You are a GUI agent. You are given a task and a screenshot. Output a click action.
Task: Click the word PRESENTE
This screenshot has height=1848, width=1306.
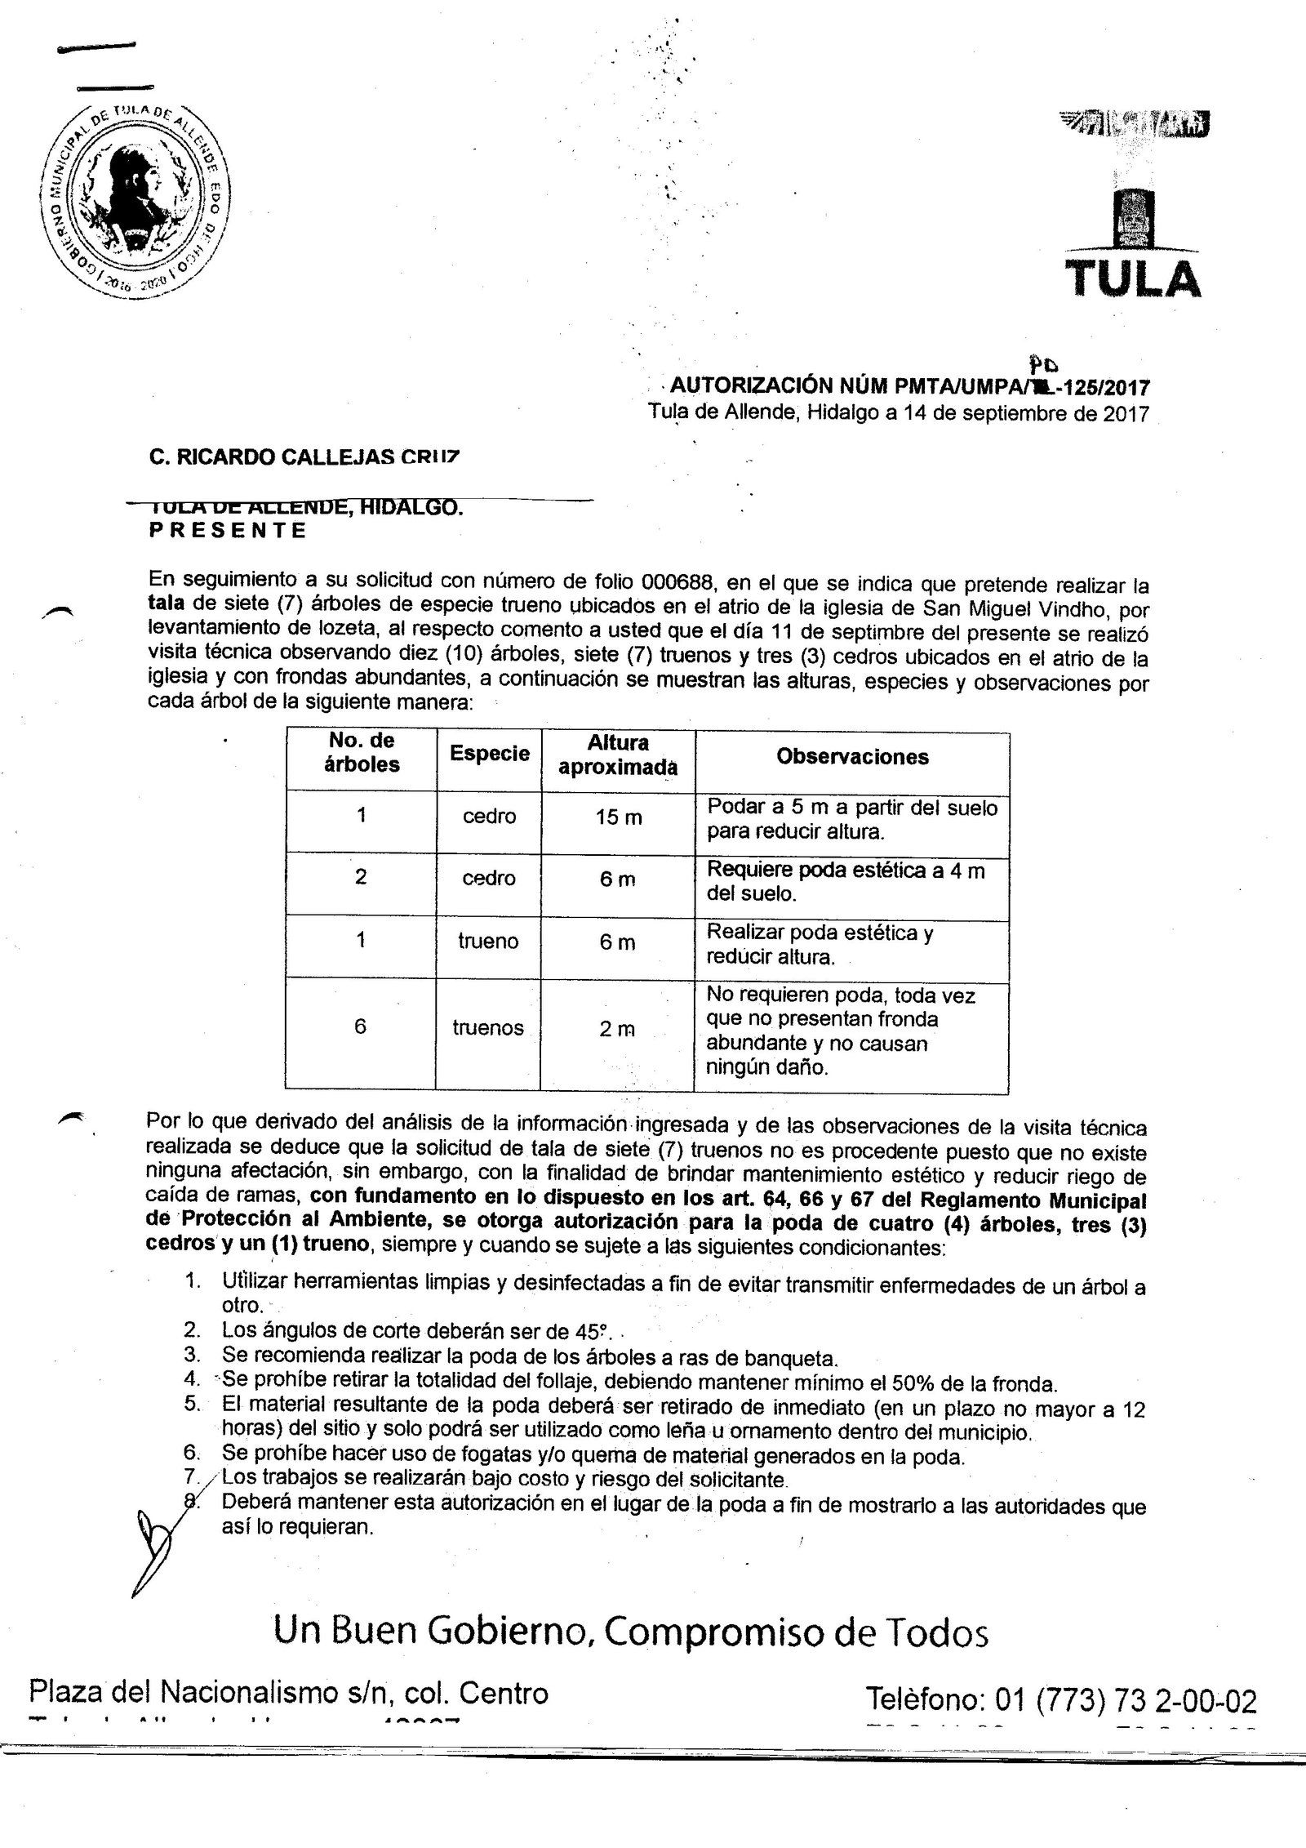[x=229, y=530]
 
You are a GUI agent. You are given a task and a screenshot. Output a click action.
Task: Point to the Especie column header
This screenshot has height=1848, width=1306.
[x=489, y=754]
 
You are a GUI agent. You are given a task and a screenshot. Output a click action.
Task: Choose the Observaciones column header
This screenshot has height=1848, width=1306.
[x=852, y=757]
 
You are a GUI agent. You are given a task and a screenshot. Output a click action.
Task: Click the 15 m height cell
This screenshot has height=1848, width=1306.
[x=619, y=817]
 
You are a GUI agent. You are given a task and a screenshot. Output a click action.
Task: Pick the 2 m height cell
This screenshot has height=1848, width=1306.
[x=617, y=1029]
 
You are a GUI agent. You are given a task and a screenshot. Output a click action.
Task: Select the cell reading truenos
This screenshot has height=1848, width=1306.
[x=488, y=1028]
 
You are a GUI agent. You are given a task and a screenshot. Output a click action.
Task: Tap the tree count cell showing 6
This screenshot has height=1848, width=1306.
[x=360, y=1026]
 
